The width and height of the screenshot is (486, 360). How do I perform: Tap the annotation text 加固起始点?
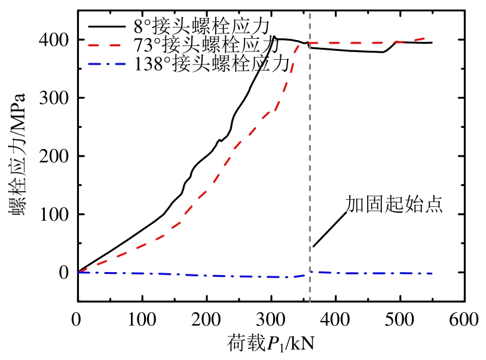394,205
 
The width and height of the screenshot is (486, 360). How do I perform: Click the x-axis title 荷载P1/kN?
271,344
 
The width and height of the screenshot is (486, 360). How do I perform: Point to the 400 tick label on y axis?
54,40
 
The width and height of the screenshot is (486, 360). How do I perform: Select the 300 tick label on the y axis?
54,98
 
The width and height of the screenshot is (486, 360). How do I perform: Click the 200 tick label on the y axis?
54,156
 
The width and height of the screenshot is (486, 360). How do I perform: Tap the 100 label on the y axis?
54,214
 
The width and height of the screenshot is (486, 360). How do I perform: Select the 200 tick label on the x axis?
206,320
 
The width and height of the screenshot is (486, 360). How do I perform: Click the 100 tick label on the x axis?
142,320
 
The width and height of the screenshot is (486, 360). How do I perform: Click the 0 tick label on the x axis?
77,320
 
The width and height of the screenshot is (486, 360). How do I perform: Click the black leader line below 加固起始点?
329,228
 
